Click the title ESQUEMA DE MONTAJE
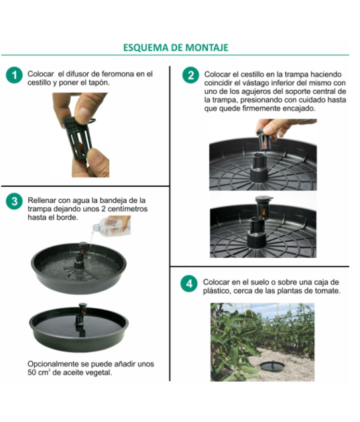[176, 48]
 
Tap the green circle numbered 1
[13, 74]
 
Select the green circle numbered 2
[191, 75]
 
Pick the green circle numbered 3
[13, 201]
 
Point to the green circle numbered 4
[191, 283]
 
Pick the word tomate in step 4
[325, 291]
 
